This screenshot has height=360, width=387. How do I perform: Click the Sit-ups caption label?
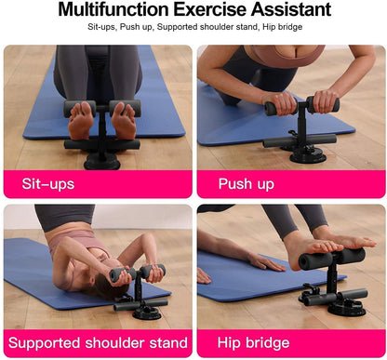point(48,183)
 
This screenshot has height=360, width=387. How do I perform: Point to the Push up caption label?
point(246,183)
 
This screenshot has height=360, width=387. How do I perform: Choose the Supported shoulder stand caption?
point(96,342)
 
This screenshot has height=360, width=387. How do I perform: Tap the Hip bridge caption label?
point(254,342)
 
